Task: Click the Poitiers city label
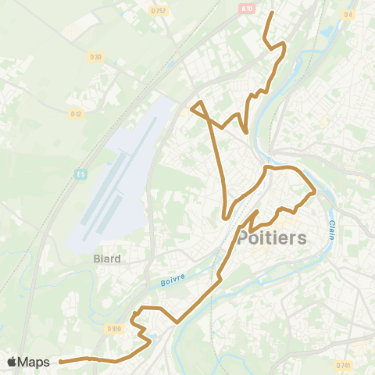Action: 271,238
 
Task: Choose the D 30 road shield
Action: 96,57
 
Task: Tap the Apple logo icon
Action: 12,362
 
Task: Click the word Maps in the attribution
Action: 35,362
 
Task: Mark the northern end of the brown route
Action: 272,13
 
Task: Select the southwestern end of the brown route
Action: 61,362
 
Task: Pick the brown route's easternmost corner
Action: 315,190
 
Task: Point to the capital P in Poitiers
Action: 244,238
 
